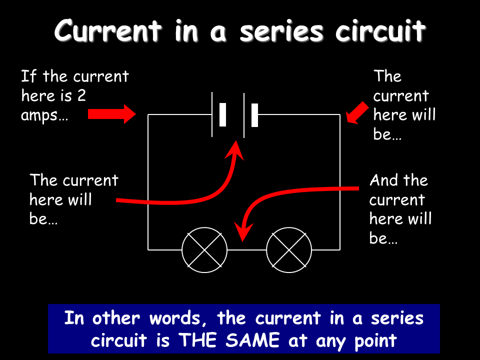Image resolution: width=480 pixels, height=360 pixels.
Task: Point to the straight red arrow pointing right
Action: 111,114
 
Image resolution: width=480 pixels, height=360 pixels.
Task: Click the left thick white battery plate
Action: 222,114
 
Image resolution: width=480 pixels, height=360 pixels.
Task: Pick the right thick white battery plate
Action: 254,115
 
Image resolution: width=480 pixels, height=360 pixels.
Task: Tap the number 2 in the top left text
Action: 81,96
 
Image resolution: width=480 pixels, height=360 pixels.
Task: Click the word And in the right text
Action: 384,180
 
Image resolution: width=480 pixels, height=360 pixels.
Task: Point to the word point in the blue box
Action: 373,341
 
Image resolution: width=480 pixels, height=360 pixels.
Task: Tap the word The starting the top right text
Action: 387,76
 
